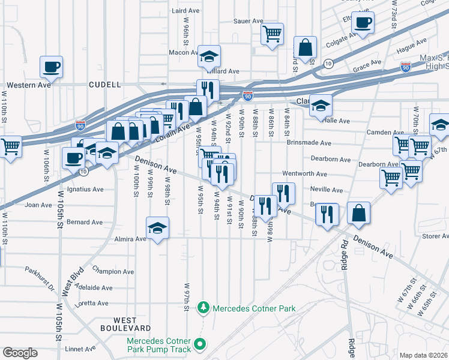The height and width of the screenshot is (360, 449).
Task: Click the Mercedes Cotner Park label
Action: coord(255,308)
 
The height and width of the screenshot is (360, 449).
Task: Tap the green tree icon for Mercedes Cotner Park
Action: coord(203,308)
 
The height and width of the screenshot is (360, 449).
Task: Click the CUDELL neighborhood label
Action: coord(104,85)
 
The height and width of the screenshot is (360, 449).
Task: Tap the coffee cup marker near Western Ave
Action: coord(51,66)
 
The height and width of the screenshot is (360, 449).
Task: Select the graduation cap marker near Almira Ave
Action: coord(157,228)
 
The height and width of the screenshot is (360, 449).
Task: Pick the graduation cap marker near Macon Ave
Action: coord(209,56)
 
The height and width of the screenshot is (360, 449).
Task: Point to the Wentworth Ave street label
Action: coord(308,174)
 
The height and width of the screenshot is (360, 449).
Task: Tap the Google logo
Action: coord(20,352)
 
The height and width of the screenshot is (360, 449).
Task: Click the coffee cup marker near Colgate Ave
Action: coord(362,23)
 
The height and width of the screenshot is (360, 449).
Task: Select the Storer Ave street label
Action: coord(435,236)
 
